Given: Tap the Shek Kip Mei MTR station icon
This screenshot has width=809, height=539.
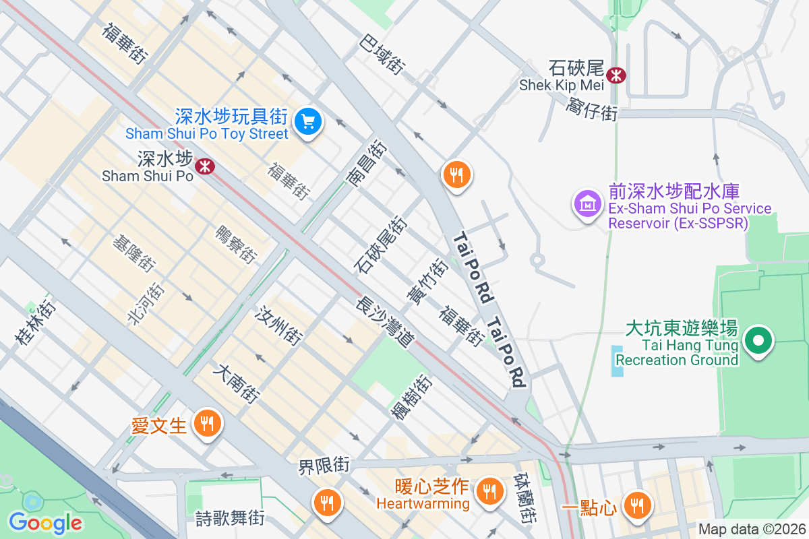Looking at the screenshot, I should [x=616, y=75].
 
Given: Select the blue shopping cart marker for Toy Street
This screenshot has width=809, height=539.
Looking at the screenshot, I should [x=309, y=121].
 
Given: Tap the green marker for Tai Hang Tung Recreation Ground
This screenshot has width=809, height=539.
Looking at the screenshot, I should [x=759, y=341].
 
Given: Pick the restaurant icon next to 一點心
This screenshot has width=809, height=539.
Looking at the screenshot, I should [x=636, y=505].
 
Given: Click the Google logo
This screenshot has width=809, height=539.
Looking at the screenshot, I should [x=45, y=522].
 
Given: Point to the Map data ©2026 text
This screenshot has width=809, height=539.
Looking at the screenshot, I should [x=751, y=530].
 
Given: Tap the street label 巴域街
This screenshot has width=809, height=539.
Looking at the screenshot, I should [x=382, y=53].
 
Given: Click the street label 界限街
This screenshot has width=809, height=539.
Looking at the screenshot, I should [x=325, y=465].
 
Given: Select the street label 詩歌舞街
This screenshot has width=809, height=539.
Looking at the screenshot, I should [x=230, y=518].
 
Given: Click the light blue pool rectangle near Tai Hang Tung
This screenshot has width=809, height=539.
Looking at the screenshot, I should [x=618, y=360].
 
